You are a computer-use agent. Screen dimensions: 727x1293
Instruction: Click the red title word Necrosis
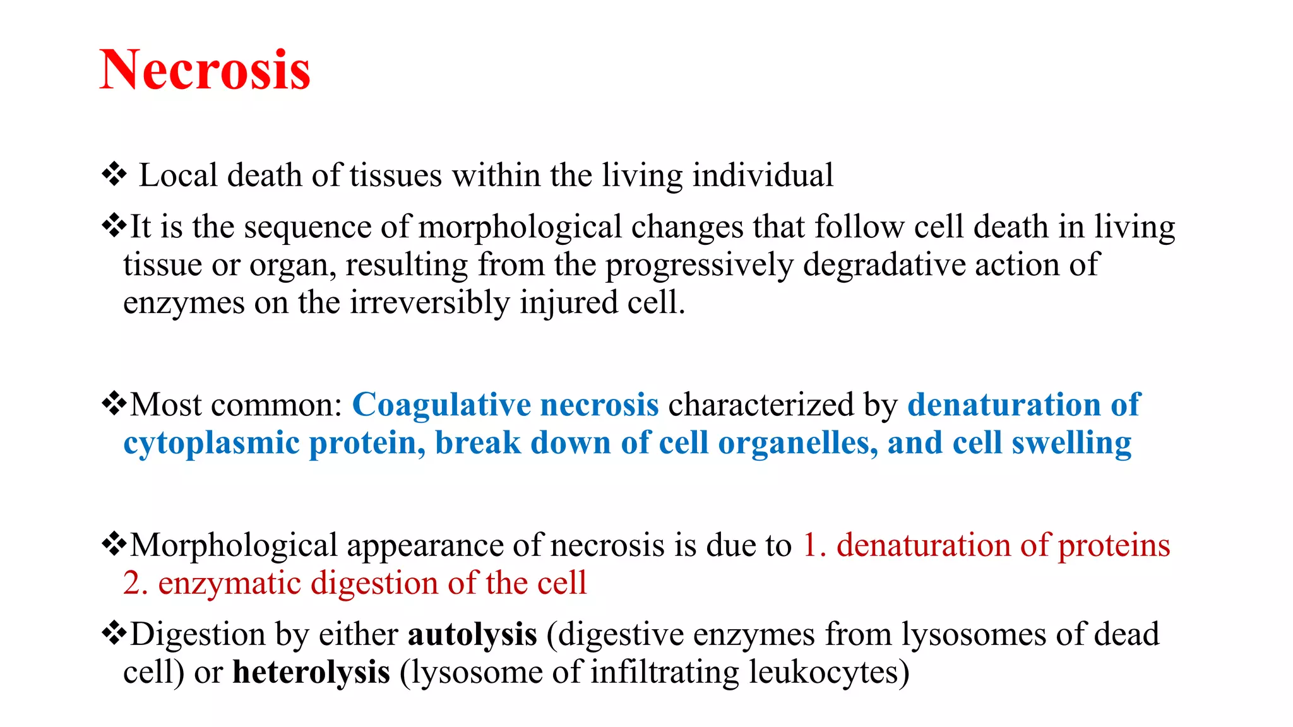pyautogui.click(x=205, y=70)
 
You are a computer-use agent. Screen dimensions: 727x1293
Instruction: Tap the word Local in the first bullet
pyautogui.click(x=178, y=175)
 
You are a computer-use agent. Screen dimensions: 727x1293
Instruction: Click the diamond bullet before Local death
pyautogui.click(x=114, y=174)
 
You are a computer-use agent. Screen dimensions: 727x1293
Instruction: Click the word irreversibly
pyautogui.click(x=429, y=303)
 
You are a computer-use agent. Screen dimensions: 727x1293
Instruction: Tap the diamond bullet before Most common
pyautogui.click(x=114, y=403)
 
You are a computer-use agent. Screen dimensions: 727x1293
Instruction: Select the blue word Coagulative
pyautogui.click(x=441, y=405)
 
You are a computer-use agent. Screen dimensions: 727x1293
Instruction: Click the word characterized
pyautogui.click(x=761, y=405)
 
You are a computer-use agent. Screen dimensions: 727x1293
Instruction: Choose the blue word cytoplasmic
pyautogui.click(x=211, y=444)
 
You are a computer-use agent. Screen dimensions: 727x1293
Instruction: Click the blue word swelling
pyautogui.click(x=1071, y=444)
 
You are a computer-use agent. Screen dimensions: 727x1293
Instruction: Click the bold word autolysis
pyautogui.click(x=472, y=635)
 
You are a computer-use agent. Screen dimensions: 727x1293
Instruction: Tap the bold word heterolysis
pyautogui.click(x=311, y=673)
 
